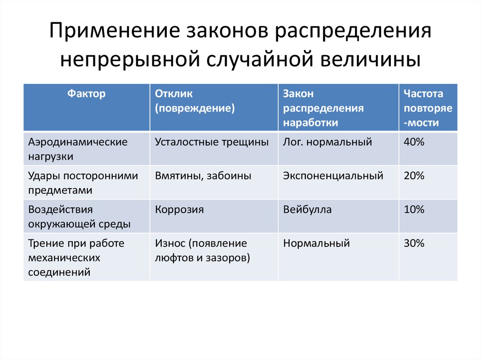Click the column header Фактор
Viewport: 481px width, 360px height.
(x=86, y=94)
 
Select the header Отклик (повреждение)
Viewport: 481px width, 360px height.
(x=195, y=101)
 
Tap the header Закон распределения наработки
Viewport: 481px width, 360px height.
(x=323, y=108)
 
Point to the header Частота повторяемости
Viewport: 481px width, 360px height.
(x=427, y=108)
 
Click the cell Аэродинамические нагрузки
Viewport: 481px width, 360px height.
(x=78, y=149)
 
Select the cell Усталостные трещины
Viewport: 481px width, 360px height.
(x=212, y=142)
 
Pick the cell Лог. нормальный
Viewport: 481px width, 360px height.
(x=327, y=142)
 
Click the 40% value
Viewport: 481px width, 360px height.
(x=414, y=142)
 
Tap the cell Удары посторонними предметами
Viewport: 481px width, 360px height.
(x=83, y=183)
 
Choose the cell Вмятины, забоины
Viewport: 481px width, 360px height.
(x=203, y=176)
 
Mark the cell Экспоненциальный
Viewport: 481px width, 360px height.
(x=333, y=176)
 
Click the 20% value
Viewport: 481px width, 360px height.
(x=414, y=176)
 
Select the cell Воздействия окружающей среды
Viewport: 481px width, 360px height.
(x=79, y=217)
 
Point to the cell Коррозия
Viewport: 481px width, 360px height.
(x=179, y=210)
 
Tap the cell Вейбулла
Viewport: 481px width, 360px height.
(x=307, y=210)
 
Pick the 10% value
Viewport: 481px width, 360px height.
(x=414, y=210)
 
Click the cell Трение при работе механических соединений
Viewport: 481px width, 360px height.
(x=76, y=258)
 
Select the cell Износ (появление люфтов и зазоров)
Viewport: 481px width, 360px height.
(x=202, y=251)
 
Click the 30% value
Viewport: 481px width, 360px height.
(x=414, y=244)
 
